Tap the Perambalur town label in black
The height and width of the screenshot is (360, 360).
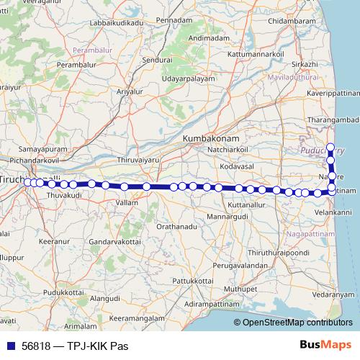(x=76, y=65)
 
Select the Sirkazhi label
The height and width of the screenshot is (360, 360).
(x=305, y=64)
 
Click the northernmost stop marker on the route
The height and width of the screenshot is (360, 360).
(x=330, y=148)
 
